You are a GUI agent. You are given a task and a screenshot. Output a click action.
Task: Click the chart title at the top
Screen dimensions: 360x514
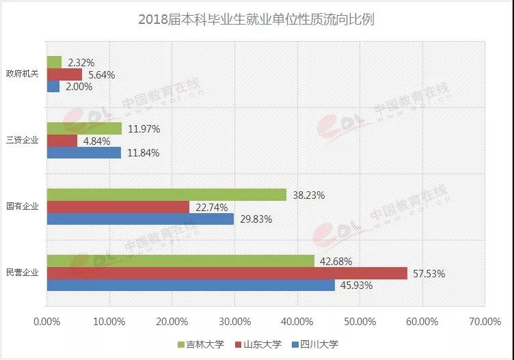(x=256, y=18)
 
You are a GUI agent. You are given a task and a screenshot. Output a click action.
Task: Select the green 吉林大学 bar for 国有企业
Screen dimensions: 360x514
(x=166, y=195)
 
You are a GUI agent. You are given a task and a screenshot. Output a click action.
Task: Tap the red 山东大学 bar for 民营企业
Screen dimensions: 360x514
(x=227, y=273)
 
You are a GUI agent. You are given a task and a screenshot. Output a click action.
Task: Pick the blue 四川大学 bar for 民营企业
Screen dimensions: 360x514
(x=191, y=286)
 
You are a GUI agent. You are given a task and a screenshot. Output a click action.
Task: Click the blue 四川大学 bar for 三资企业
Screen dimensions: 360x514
(x=83, y=152)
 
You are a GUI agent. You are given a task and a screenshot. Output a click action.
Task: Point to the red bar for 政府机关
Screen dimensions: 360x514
(x=64, y=74)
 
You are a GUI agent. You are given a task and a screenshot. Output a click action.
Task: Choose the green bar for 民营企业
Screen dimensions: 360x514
(x=180, y=261)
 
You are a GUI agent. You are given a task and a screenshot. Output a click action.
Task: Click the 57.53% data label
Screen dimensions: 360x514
(x=429, y=273)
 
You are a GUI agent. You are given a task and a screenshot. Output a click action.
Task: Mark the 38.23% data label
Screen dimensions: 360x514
(x=308, y=195)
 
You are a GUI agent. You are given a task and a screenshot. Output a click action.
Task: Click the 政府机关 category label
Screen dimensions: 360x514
(x=22, y=74)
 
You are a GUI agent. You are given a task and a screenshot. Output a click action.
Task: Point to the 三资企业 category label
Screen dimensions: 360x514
(x=22, y=141)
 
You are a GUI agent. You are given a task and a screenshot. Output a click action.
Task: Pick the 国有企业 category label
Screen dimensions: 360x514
(x=22, y=206)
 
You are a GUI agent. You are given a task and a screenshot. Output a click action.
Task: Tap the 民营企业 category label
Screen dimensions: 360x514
(x=22, y=273)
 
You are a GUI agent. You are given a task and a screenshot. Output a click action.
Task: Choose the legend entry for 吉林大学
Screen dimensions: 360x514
(x=204, y=344)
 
